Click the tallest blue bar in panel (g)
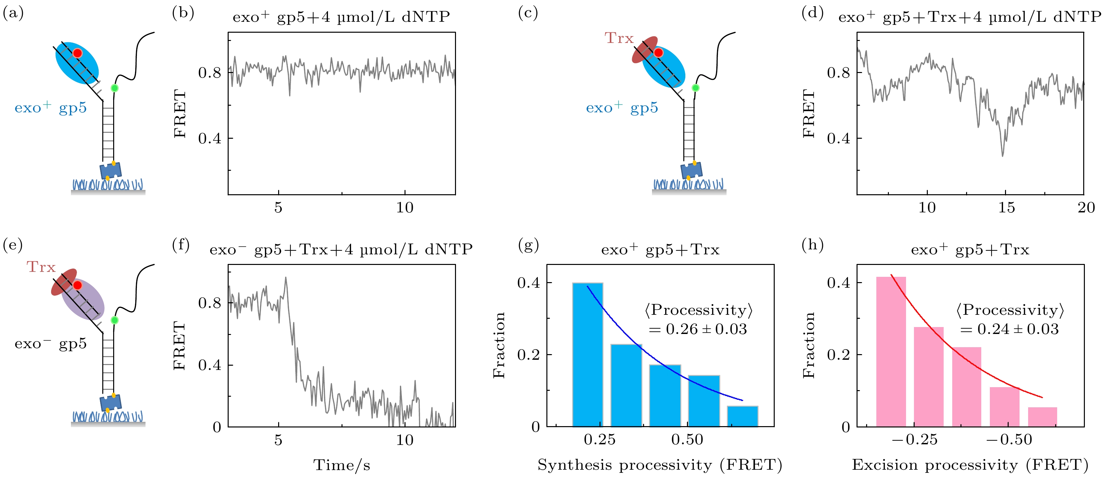tap(588, 354)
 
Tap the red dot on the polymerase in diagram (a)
tap(77, 53)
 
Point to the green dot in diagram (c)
tap(695, 88)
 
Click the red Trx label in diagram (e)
tap(41, 267)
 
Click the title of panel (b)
tap(341, 17)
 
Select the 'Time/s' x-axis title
tap(341, 465)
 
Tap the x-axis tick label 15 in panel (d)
tap(1006, 208)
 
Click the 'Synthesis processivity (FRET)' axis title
tap(660, 465)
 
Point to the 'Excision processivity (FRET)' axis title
tap(970, 465)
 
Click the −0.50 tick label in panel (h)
tap(1009, 439)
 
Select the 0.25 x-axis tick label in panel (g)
tap(600, 439)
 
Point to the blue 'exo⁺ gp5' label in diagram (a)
tap(50, 107)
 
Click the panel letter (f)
tap(181, 245)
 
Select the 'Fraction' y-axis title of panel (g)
tap(499, 346)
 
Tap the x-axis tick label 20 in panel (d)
tap(1086, 208)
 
